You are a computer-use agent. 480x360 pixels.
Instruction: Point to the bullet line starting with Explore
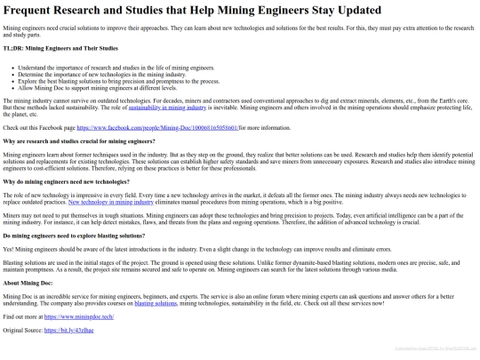click(116, 79)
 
